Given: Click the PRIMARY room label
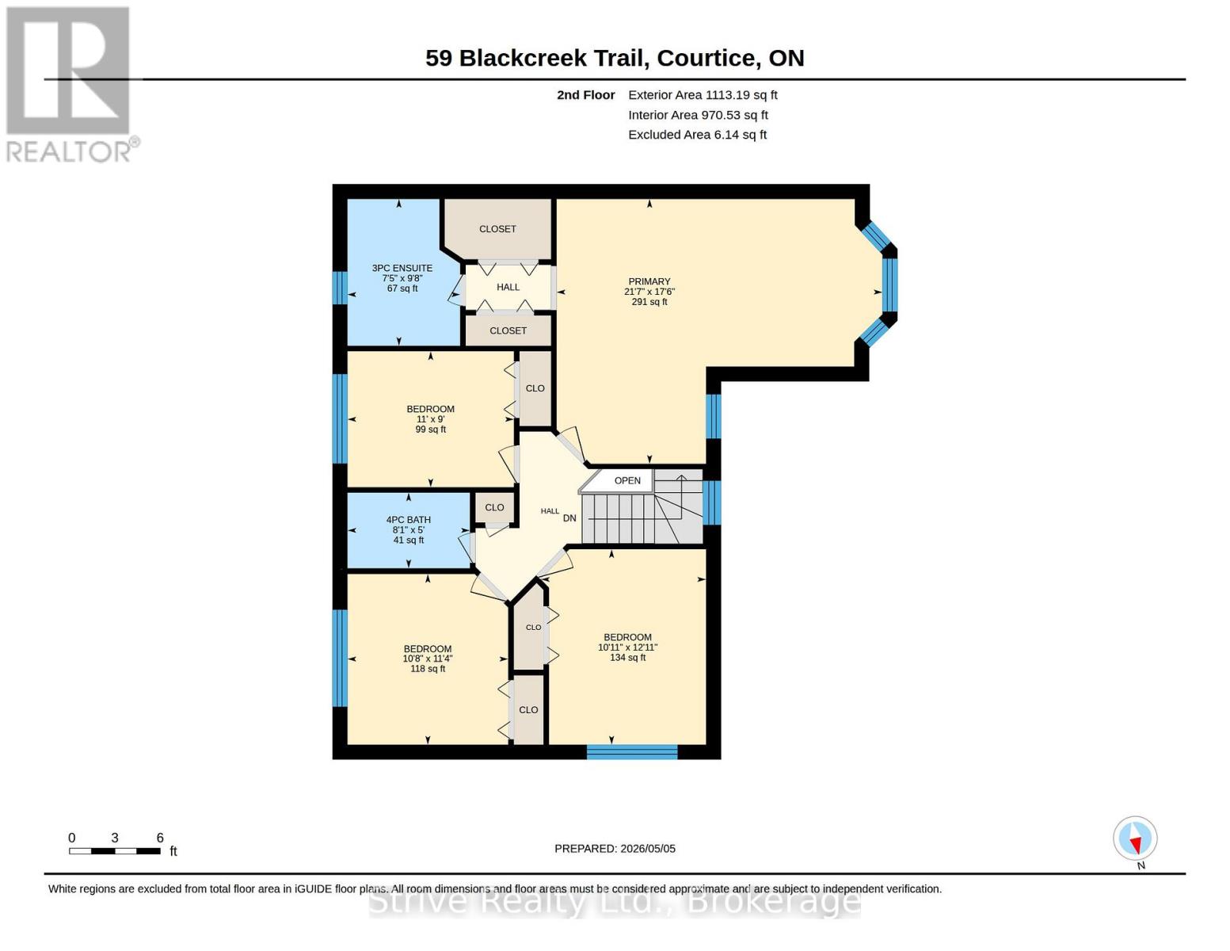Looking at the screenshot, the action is (649, 281).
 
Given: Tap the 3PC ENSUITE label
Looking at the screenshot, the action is (402, 268).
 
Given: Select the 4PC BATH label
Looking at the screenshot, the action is (408, 519).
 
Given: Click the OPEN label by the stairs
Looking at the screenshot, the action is (627, 480).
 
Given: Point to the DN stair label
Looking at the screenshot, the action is (569, 518).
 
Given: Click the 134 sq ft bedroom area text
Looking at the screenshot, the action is (627, 658).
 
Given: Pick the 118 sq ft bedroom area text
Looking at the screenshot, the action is (428, 669).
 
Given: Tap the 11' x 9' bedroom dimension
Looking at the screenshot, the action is (430, 419).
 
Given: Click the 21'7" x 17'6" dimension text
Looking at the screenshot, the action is (649, 292).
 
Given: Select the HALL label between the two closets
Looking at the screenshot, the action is (508, 287).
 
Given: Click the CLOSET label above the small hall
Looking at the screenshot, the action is (497, 229).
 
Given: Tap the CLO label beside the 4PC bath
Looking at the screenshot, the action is (494, 507).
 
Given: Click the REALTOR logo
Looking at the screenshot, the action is (72, 85).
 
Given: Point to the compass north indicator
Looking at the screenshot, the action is (1135, 842).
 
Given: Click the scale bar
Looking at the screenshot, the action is (114, 850).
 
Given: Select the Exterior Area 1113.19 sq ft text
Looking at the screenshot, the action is (703, 95).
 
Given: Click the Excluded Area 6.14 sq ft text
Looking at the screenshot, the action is (697, 135).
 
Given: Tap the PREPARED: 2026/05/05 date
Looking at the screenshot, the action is (615, 849).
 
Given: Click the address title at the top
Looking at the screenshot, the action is (615, 58).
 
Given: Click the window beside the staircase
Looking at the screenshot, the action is (711, 503).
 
